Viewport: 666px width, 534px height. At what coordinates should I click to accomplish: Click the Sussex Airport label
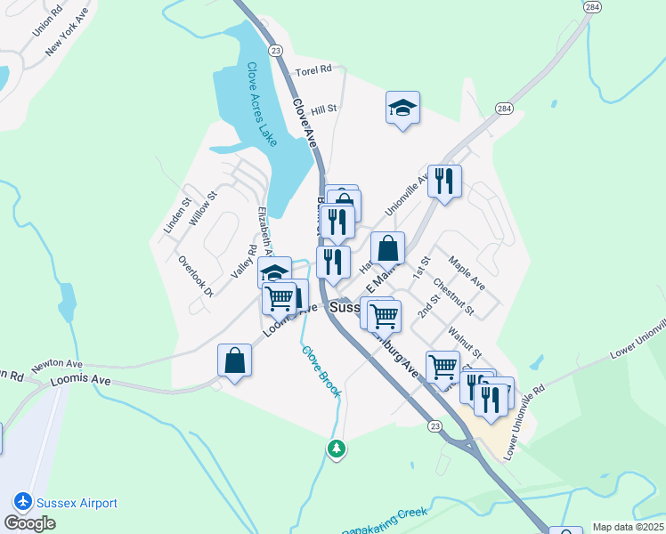click(77, 503)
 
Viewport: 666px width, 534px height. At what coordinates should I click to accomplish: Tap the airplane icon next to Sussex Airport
click(22, 503)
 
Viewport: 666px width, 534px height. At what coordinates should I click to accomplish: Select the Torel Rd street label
click(313, 69)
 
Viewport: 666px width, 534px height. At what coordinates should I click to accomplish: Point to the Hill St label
click(323, 109)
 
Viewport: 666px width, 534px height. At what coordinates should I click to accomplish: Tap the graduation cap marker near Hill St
click(403, 109)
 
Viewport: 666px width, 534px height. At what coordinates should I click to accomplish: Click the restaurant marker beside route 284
click(444, 182)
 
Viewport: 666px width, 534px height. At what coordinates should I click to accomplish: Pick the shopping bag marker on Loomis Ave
click(234, 361)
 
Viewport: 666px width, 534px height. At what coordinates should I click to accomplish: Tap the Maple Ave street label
click(467, 272)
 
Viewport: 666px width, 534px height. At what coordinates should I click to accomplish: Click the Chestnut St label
click(453, 298)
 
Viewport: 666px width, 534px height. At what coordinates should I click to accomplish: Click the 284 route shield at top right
click(592, 7)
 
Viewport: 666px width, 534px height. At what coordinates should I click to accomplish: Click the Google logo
click(29, 523)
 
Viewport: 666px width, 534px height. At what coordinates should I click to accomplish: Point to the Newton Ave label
click(57, 366)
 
